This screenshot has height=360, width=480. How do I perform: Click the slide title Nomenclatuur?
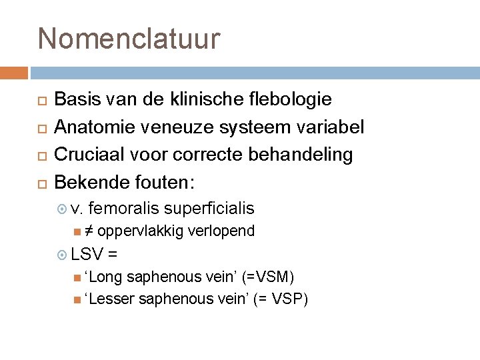click(129, 39)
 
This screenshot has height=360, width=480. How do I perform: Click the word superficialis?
click(209, 209)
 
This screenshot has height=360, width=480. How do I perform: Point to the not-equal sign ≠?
click(89, 231)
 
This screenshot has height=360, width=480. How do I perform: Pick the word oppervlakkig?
click(139, 231)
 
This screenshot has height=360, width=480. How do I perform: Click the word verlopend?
click(221, 231)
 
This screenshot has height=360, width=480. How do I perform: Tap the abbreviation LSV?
click(86, 253)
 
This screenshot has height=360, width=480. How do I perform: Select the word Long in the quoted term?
click(105, 276)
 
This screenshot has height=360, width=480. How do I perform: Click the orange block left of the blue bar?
click(13, 73)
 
